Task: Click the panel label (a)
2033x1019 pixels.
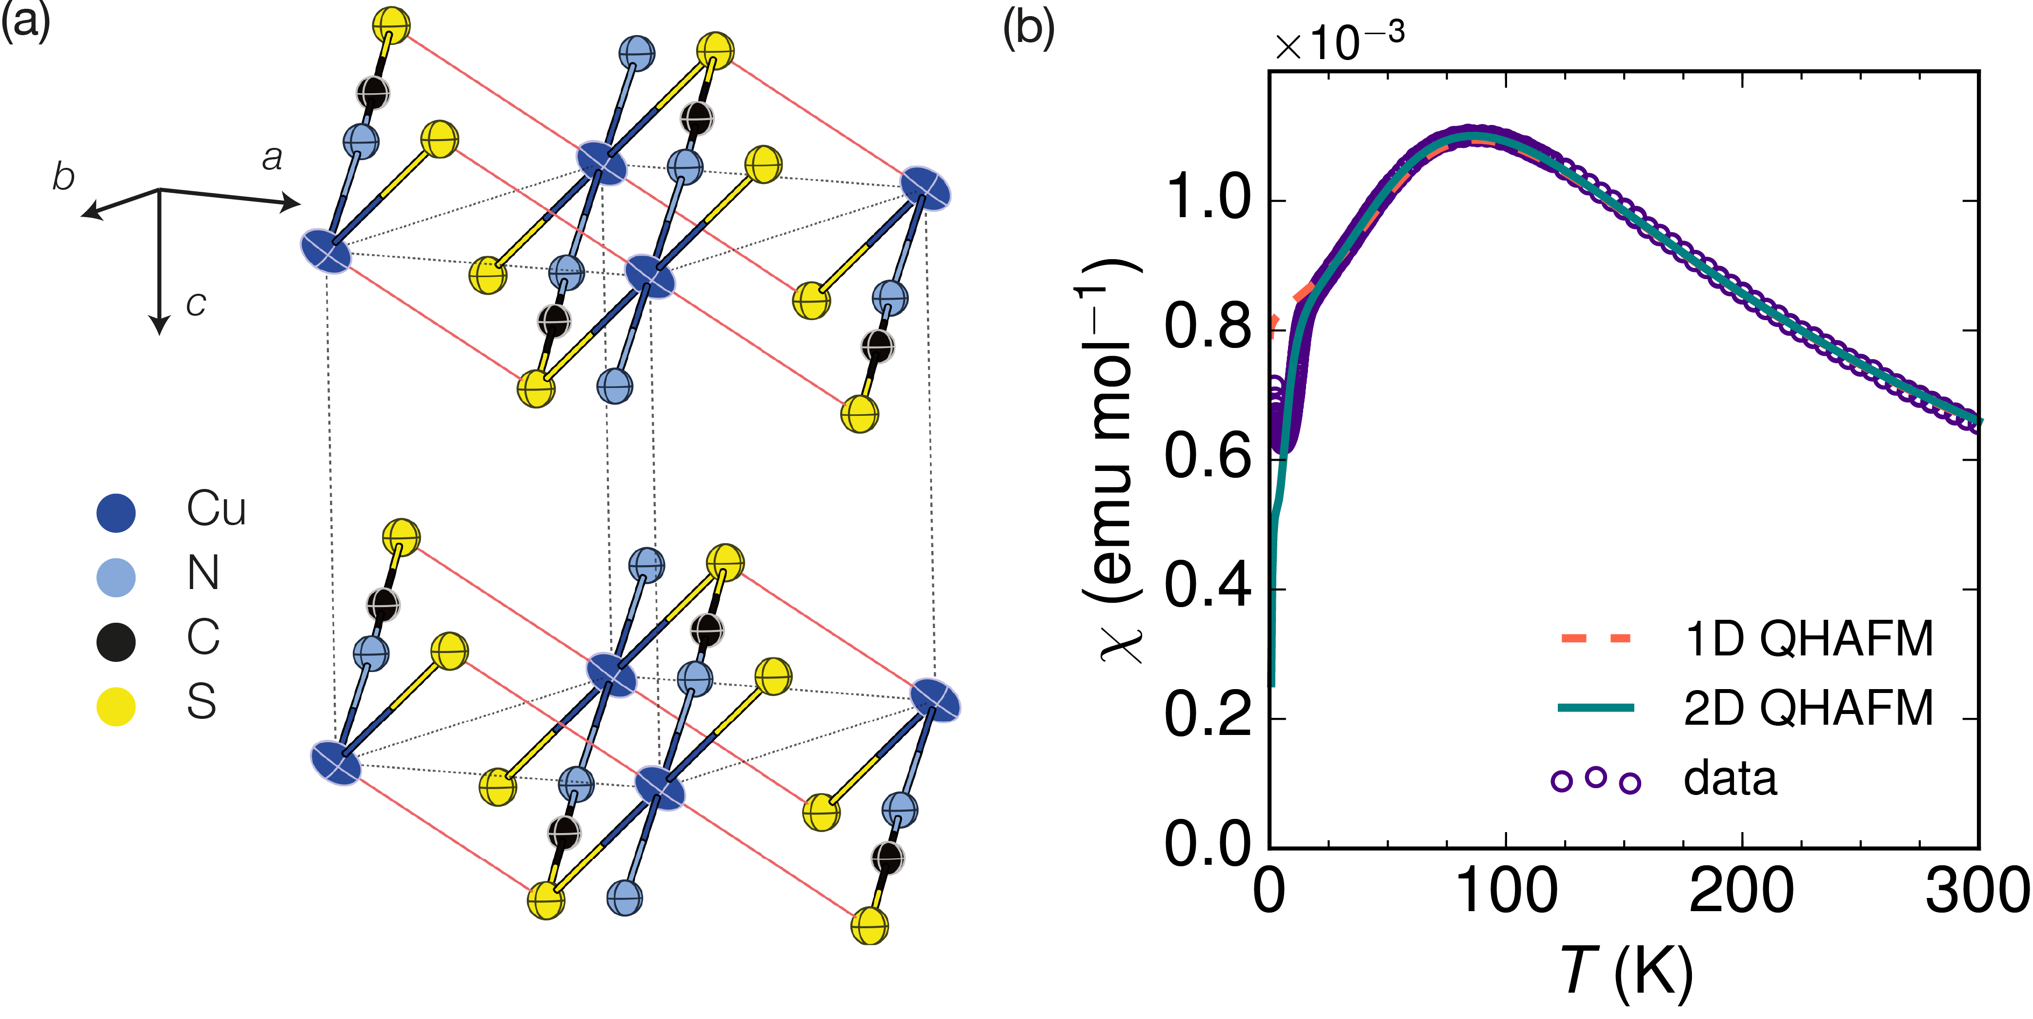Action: (x=25, y=21)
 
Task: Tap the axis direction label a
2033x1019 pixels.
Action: (x=272, y=158)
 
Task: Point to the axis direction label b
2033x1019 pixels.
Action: (x=63, y=177)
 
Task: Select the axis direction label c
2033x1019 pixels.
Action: (x=196, y=303)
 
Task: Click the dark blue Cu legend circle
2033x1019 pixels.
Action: (x=116, y=512)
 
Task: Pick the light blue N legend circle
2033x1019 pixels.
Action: (x=116, y=577)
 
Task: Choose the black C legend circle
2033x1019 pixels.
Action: (x=116, y=641)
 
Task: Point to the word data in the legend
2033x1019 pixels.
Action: (x=1731, y=779)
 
